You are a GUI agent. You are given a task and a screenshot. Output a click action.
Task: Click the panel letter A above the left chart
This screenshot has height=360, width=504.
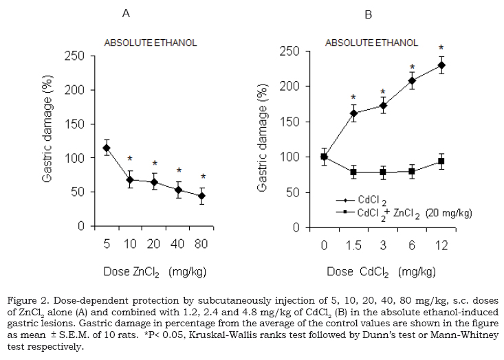coord(126,13)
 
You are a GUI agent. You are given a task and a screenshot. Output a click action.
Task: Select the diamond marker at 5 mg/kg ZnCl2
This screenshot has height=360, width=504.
coord(107,148)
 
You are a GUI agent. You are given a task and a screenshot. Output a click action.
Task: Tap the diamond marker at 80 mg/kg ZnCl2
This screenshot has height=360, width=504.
coord(201,196)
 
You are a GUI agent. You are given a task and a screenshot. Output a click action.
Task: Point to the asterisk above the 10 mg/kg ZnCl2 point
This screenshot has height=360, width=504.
coord(129,159)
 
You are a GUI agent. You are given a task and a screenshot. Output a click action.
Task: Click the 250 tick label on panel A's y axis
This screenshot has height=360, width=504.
coord(74,56)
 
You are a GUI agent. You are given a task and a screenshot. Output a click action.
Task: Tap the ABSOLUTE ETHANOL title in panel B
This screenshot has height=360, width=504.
coord(371,43)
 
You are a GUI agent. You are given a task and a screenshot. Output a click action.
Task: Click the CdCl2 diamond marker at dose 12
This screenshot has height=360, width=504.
coord(441,65)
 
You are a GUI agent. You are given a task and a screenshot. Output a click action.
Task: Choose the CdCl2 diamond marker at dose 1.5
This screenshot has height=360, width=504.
coord(353,113)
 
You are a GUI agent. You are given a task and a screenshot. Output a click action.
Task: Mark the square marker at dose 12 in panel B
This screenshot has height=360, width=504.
coord(441,162)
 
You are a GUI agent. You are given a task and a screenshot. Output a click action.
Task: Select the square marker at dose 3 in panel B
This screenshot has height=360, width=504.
coord(383,172)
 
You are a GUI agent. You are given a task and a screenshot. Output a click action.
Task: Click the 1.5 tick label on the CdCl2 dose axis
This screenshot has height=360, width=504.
coord(353,245)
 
